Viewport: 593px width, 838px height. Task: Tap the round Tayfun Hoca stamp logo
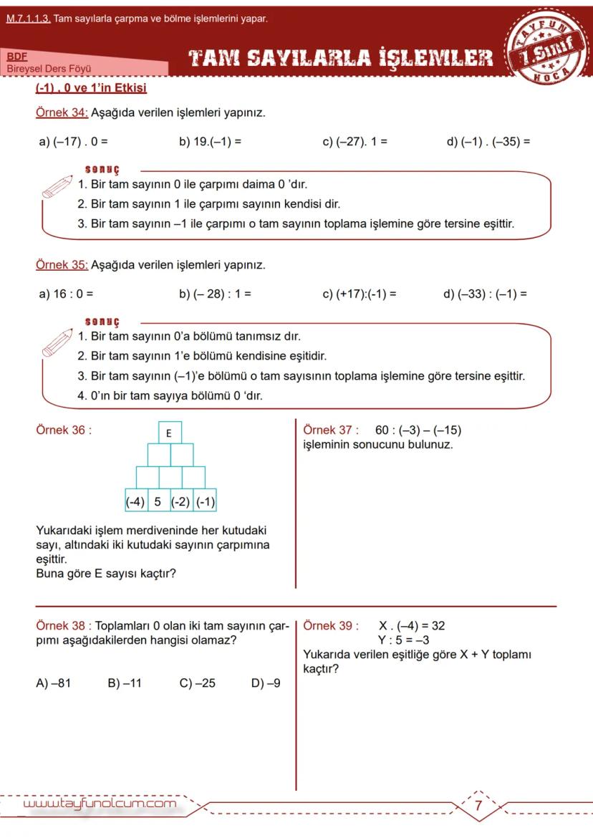[x=549, y=47]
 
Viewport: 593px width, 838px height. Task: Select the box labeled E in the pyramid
[x=169, y=433]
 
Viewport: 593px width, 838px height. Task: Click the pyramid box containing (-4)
[x=135, y=501]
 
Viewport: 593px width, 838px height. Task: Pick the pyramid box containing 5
[x=158, y=501]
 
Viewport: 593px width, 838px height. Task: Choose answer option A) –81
[x=53, y=683]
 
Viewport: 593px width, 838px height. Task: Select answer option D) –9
[x=266, y=683]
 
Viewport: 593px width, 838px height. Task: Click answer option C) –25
[x=197, y=683]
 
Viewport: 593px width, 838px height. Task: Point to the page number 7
[x=478, y=805]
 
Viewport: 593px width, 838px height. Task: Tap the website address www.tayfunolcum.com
[x=100, y=804]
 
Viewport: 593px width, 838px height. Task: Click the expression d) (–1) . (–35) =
[x=488, y=142]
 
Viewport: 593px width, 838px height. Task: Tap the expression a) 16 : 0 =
[x=66, y=293]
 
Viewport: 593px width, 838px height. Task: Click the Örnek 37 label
[x=330, y=430]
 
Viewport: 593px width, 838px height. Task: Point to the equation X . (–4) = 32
[x=412, y=625]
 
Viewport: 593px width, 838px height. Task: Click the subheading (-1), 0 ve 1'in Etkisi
[x=91, y=88]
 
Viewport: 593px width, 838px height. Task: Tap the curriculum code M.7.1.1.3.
[x=28, y=19]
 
